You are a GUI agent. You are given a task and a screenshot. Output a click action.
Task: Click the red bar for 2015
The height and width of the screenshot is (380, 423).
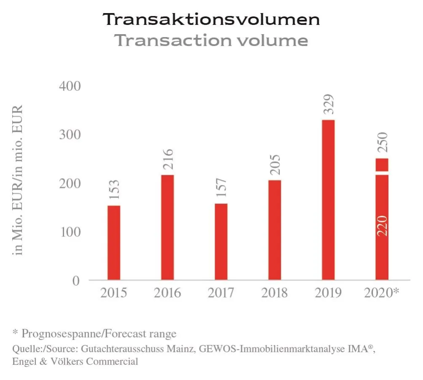click(114, 242)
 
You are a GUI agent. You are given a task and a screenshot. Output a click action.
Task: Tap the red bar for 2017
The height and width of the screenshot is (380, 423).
click(221, 242)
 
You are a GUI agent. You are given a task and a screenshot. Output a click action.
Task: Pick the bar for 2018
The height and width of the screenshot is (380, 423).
click(275, 230)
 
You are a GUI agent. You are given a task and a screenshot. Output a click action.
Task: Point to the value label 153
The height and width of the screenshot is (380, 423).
click(114, 191)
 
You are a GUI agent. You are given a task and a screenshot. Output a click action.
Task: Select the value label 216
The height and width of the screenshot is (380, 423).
click(168, 161)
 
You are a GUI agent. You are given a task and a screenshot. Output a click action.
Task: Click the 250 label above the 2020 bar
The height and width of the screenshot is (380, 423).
click(382, 144)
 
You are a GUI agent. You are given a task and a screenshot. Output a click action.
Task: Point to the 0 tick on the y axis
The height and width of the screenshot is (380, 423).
click(76, 280)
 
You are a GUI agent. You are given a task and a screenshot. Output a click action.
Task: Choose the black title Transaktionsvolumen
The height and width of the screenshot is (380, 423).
click(211, 19)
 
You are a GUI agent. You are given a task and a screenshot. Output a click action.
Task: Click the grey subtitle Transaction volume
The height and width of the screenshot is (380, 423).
click(211, 41)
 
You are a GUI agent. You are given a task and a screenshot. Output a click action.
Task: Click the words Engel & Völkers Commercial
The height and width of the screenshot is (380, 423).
click(75, 361)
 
